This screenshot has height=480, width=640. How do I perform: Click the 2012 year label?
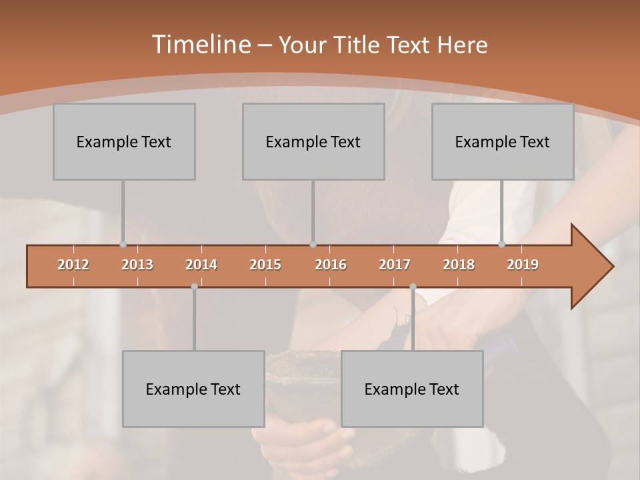[x=73, y=265]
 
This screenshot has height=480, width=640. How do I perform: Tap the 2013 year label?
[x=137, y=265]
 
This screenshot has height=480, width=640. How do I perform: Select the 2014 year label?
[x=201, y=265]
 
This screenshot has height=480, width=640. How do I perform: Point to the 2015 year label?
[x=265, y=265]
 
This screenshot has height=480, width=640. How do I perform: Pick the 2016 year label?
[x=331, y=265]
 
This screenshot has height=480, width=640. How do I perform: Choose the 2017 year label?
[x=395, y=265]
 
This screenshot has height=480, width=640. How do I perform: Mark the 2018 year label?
[x=459, y=265]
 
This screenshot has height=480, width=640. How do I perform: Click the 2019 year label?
[x=523, y=265]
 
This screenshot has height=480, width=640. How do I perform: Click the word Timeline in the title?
[x=200, y=45]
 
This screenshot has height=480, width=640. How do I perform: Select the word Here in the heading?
[x=462, y=45]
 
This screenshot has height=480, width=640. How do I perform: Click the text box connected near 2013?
[x=124, y=141]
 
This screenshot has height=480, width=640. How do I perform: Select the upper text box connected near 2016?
[x=313, y=141]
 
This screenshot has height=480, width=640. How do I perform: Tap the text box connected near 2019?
[x=503, y=141]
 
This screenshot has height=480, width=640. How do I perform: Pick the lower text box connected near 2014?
[x=193, y=389]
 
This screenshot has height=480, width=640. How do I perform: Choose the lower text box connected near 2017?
[x=412, y=389]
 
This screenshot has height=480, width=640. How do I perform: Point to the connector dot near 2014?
[x=194, y=286]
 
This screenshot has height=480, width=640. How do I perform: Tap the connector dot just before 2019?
[x=502, y=244]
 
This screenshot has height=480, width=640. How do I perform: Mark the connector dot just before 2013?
[x=123, y=244]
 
